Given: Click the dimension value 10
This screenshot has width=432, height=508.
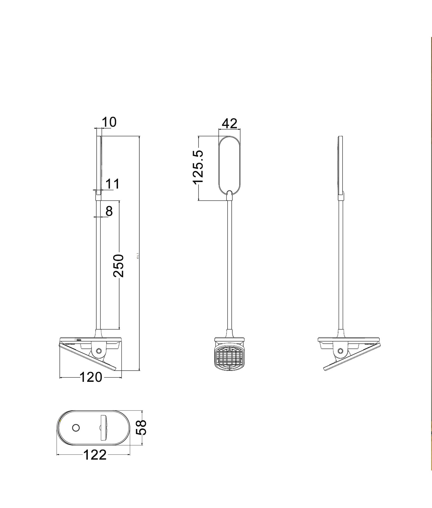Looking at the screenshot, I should [x=109, y=122].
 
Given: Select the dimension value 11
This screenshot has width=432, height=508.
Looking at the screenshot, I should [x=112, y=184].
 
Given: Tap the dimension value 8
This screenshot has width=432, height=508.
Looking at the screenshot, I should [x=109, y=211].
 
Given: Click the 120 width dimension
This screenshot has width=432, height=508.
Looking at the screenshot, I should [x=91, y=377].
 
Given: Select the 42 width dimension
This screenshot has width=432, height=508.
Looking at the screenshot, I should [x=230, y=124].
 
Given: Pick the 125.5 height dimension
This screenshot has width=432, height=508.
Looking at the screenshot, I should [x=198, y=167].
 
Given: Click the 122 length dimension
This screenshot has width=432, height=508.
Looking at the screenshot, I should [x=95, y=455].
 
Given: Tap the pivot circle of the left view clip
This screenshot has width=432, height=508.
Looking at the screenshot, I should [x=99, y=351].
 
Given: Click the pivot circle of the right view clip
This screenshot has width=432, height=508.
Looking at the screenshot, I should [x=341, y=351].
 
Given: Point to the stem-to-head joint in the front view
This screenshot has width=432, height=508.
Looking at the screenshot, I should [x=230, y=194].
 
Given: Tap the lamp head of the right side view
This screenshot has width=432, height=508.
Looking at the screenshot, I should [x=341, y=165].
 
